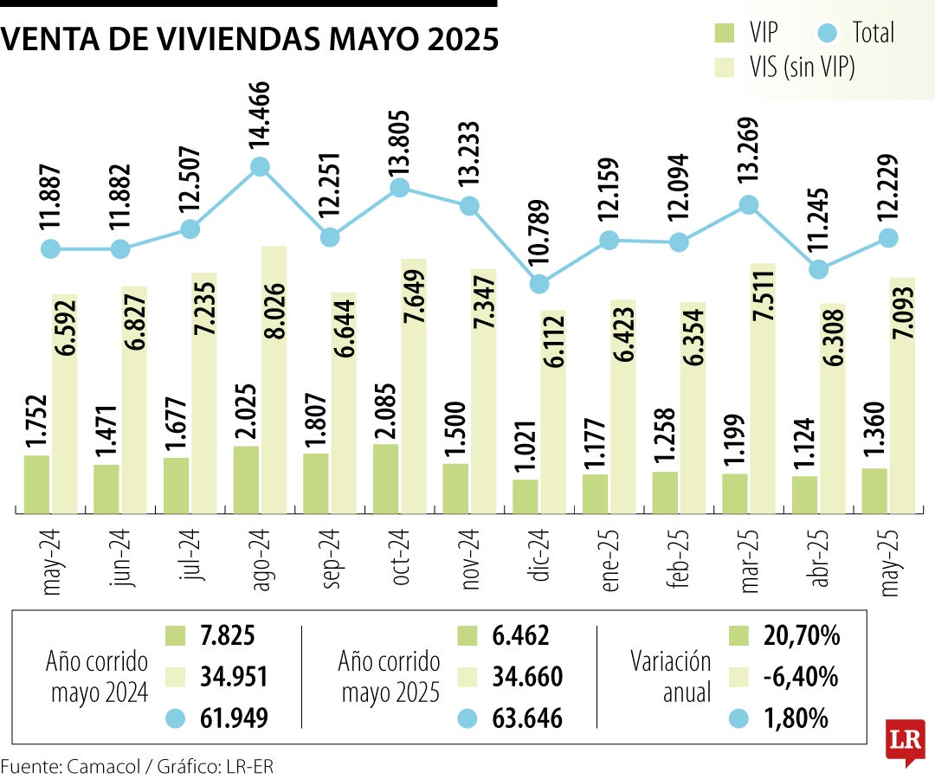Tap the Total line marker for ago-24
pos(260,167)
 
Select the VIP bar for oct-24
pos(386,479)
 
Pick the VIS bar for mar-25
pos(762,389)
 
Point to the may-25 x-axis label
pos(888,565)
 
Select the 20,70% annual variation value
pos(802,637)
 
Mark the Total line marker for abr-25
pos(818,270)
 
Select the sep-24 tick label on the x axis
pos(330,565)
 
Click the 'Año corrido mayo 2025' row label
pos(390,678)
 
